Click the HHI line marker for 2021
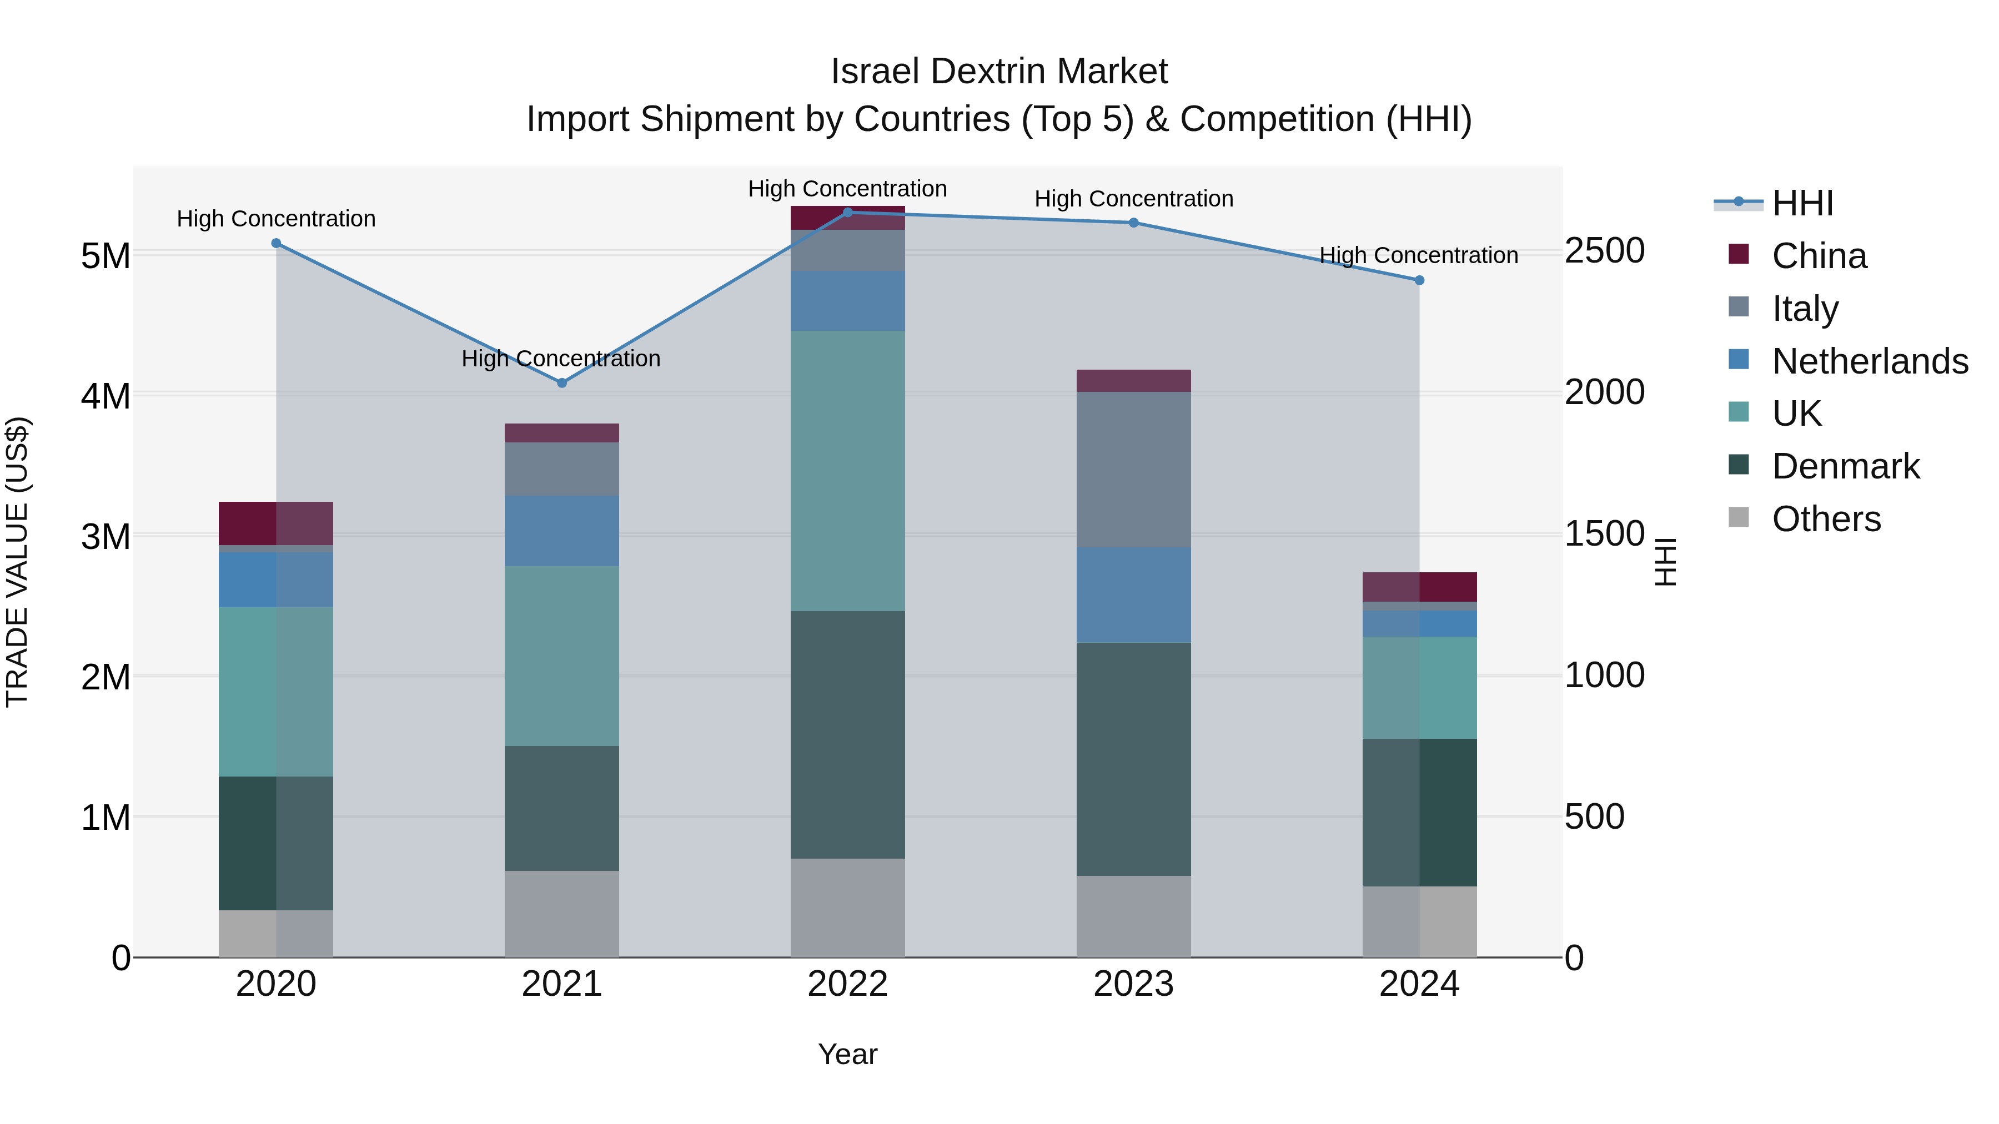562,382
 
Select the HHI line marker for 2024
1419,280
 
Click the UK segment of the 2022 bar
847,471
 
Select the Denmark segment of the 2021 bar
562,808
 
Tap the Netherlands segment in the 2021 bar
562,531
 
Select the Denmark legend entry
1845,466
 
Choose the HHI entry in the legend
1802,203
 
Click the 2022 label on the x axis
847,984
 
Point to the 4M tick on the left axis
106,396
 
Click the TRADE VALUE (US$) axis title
18,562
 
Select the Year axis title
847,1054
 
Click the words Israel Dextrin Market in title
999,72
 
